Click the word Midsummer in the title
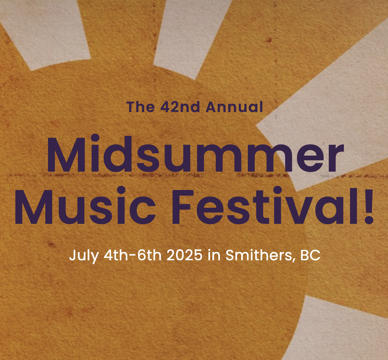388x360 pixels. point(195,154)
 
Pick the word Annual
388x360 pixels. point(234,107)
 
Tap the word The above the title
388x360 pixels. point(140,107)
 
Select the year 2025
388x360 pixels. point(184,255)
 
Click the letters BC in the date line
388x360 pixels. point(310,255)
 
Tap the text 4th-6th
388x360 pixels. point(133,255)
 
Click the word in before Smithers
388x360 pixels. point(214,255)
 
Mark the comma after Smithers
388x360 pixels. point(294,260)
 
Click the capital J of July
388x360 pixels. point(72,255)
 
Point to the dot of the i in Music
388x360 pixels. point(121,190)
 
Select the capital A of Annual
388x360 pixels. point(212,107)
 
